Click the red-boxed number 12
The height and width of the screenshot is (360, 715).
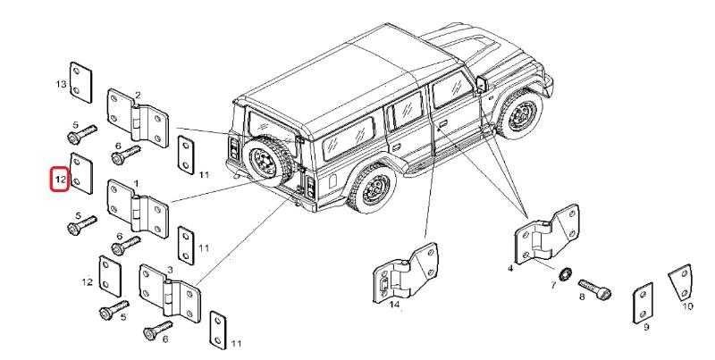(58, 180)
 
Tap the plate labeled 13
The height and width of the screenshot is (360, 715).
(80, 79)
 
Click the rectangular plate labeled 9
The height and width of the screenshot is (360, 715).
(643, 303)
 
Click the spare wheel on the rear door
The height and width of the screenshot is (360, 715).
(264, 163)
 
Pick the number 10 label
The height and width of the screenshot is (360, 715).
(687, 305)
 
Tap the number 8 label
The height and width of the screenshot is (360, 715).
(581, 297)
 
